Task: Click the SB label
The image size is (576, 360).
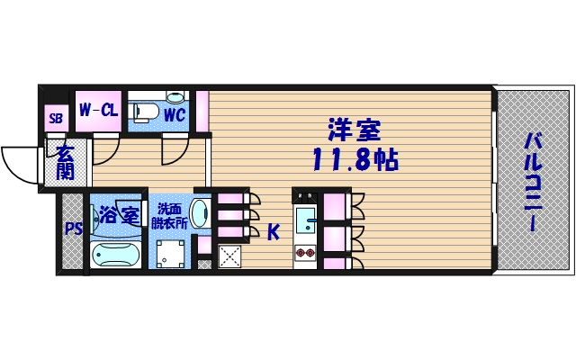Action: (56, 118)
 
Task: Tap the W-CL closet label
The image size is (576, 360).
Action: (99, 111)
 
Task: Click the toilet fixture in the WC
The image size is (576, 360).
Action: (145, 112)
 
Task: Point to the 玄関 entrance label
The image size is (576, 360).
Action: (65, 163)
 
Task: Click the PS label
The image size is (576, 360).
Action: (71, 229)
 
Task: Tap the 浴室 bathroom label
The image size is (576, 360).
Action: (118, 215)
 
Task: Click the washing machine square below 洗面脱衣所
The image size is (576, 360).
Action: (171, 256)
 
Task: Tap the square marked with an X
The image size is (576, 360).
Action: (229, 256)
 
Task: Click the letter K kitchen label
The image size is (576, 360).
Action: (273, 232)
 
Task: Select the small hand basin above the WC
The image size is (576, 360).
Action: (175, 96)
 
